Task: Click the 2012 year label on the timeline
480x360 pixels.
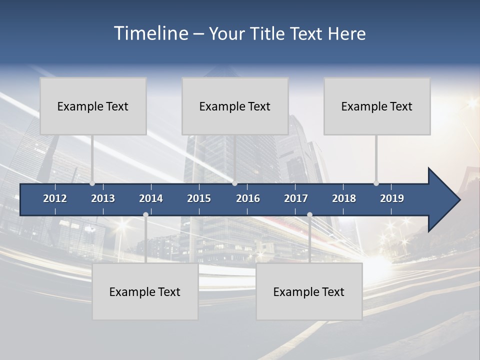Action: tap(55, 198)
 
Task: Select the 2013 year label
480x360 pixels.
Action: tap(103, 198)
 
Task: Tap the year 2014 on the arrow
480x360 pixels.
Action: tap(151, 198)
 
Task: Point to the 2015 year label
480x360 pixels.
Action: tap(199, 198)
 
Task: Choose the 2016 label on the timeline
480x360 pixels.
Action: tap(248, 198)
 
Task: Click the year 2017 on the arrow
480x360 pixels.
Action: tap(296, 198)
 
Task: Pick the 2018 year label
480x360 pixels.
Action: tap(344, 198)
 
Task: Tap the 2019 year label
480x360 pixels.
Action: tap(392, 198)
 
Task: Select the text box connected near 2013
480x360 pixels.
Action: tap(93, 106)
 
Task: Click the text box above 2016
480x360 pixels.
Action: tap(235, 106)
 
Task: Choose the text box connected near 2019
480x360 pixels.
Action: tap(377, 106)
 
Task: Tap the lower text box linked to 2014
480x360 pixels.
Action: tap(145, 291)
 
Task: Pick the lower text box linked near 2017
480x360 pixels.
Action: tap(309, 291)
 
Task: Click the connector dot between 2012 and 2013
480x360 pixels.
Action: tap(92, 183)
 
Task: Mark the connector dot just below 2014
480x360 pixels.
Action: tap(145, 214)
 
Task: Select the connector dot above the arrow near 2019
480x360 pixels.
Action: tap(376, 183)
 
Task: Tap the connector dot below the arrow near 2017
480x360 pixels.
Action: tap(309, 214)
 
